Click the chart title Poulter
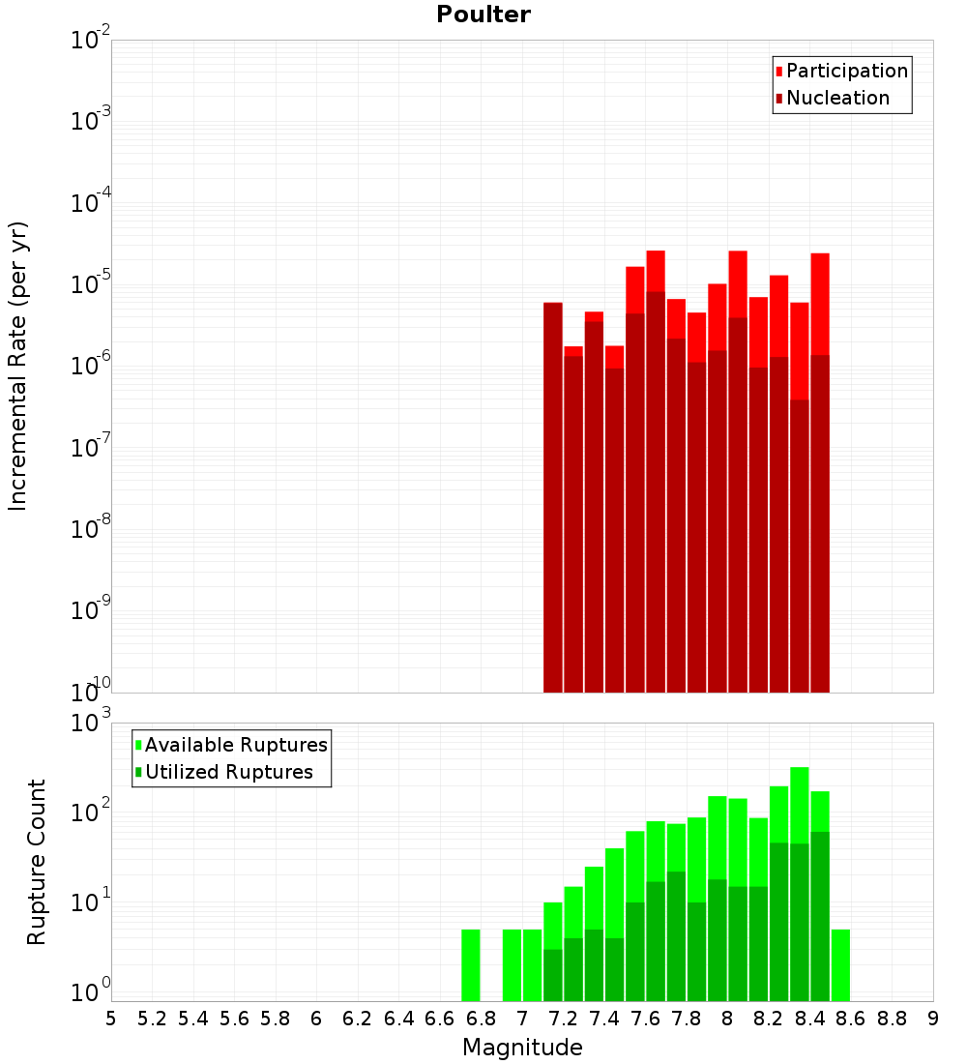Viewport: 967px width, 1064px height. tap(483, 15)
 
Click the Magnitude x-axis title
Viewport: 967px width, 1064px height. tap(522, 1048)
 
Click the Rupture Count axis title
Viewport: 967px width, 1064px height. tap(37, 861)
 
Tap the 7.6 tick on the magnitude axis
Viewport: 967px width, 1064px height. tap(645, 1019)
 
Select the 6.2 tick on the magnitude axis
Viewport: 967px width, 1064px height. tap(358, 1019)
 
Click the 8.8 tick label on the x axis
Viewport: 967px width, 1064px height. tap(892, 1019)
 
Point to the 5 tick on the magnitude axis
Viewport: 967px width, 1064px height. tap(111, 1019)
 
